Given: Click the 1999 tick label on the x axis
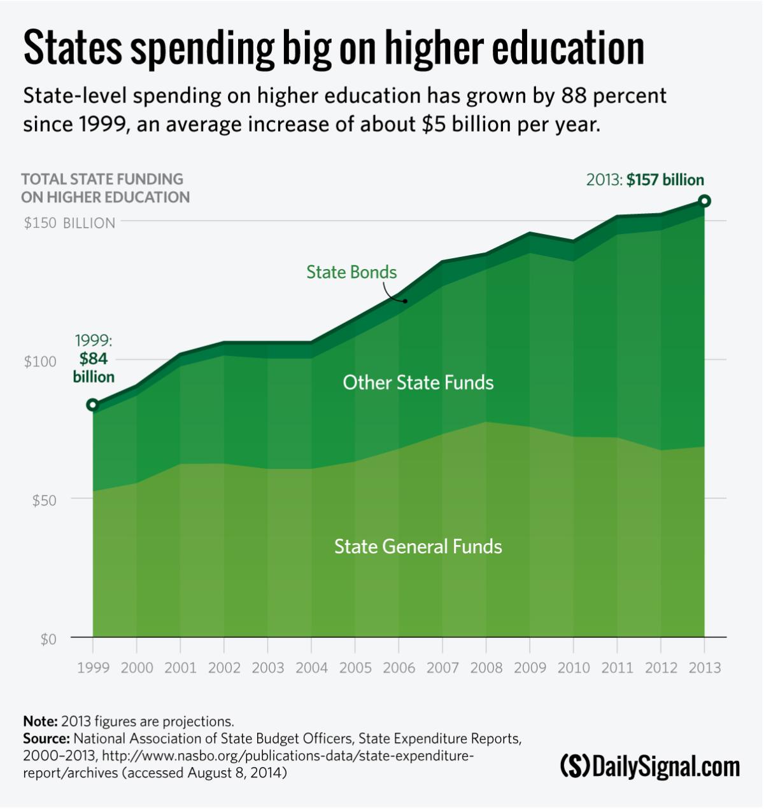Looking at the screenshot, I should point(93,668).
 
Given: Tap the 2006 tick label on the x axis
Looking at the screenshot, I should point(399,668).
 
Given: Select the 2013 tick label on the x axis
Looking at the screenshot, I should point(704,668).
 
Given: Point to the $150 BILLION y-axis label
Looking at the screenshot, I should point(69,223).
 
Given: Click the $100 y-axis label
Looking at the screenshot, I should point(40,361).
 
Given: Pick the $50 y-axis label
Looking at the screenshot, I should point(44,501).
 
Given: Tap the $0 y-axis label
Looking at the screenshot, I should point(48,639).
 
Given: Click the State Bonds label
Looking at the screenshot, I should point(351,272).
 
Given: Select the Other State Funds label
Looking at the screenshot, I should point(418,382).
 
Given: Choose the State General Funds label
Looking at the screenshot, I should point(418,546).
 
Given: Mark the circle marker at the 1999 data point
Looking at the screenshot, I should point(93,405).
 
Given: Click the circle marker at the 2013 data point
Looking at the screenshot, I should point(704,201).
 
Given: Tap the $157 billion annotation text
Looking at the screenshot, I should point(665,180).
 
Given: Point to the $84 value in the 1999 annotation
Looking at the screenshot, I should point(94,359).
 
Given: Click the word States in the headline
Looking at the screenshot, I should point(73,48).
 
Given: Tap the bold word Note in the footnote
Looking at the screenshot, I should point(39,721).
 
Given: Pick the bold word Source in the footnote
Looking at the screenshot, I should point(46,738).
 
